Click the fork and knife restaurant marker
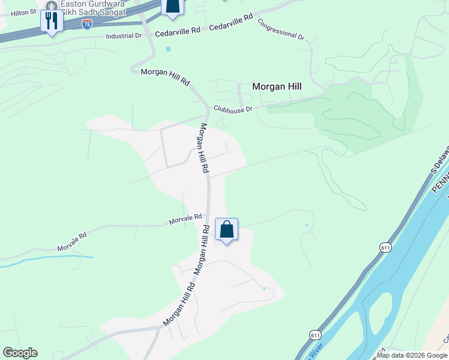(52, 22)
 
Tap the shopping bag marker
(226, 230)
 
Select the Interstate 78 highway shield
(87, 23)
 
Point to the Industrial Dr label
(123, 36)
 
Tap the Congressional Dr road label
(281, 29)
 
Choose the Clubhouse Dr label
(234, 109)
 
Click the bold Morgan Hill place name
(277, 86)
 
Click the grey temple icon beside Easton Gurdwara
(52, 3)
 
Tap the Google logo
(20, 353)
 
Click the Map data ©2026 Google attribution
(412, 355)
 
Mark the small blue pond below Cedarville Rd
(169, 49)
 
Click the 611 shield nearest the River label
(316, 335)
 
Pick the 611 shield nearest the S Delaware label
(385, 247)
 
